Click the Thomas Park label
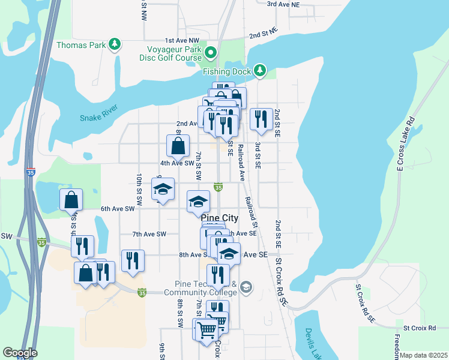pos(80,45)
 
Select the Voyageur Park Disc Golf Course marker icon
pos(210,54)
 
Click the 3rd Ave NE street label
pos(283,4)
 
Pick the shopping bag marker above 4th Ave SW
pos(178,145)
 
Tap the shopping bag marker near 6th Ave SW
pos(71,200)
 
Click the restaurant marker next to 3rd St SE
pos(261,119)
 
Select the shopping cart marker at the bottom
pos(206,329)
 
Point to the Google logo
pos(20,353)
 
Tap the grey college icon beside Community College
pos(246,289)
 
